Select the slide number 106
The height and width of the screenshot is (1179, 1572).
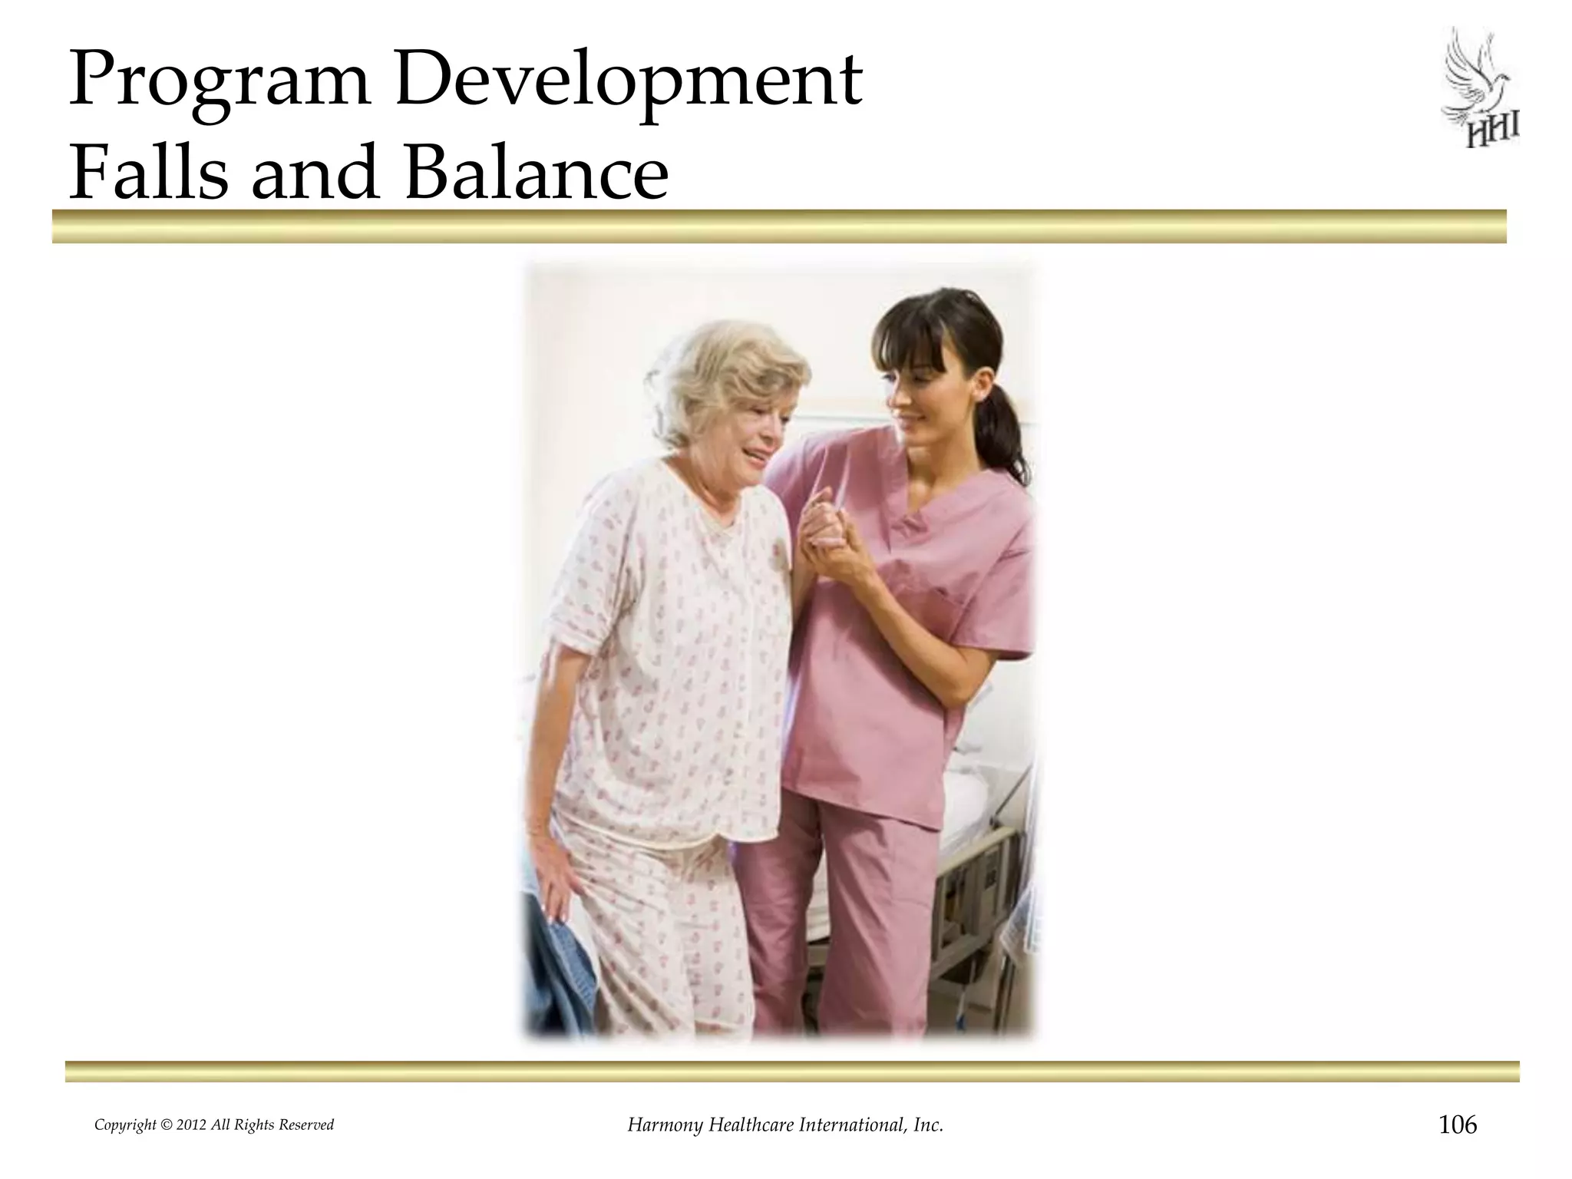click(1457, 1125)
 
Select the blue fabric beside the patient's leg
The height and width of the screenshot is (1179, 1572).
click(556, 967)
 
